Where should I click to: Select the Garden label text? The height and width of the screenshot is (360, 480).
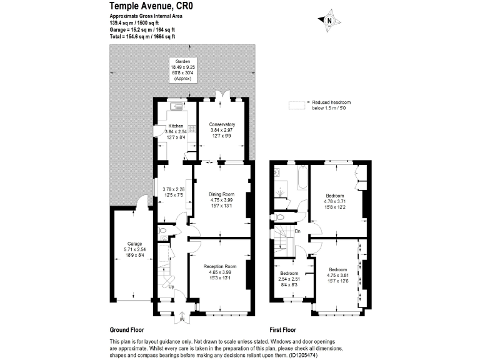182,61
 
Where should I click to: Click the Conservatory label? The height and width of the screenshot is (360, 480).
222,124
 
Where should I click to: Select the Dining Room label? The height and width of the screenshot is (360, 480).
222,194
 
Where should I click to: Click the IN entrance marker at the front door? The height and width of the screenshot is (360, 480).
182,320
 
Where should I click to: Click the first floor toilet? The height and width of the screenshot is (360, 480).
280,217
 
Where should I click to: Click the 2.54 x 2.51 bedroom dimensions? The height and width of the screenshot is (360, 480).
289,279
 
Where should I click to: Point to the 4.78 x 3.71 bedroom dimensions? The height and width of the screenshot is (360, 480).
334,201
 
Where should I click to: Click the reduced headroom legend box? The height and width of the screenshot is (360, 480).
296,103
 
